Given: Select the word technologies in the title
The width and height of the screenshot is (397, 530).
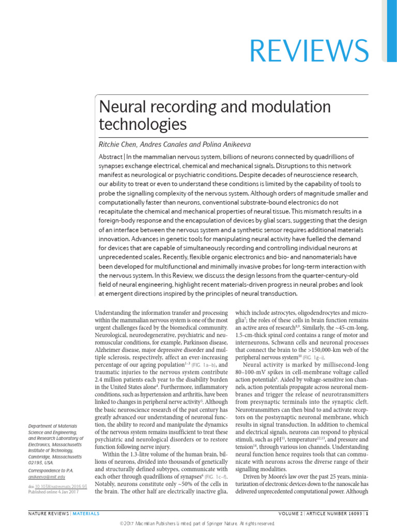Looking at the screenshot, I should pyautogui.click(x=142, y=124).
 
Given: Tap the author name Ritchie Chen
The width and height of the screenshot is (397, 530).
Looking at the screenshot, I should pyautogui.click(x=117, y=144).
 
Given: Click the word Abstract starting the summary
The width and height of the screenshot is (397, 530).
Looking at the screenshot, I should pyautogui.click(x=111, y=157).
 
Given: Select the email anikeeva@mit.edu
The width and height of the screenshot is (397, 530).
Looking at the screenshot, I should pyautogui.click(x=46, y=477).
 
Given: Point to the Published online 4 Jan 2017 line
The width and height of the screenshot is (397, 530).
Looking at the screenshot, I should pyautogui.click(x=51, y=493).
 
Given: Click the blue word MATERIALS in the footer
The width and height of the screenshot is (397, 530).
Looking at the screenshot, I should pyautogui.click(x=85, y=513).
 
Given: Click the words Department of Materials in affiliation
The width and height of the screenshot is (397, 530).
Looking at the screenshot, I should pyautogui.click(x=51, y=426).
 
